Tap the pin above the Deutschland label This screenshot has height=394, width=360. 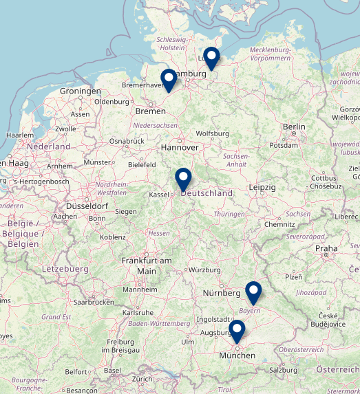[x=183, y=179]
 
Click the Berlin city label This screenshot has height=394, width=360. [x=294, y=127]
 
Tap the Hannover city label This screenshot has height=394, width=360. [x=179, y=148]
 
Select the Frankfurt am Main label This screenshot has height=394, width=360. [x=147, y=265]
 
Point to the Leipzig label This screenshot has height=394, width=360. [x=262, y=187]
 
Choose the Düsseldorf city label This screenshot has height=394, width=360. [x=87, y=206]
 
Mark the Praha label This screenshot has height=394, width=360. [x=326, y=248]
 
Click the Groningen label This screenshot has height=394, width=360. [x=81, y=91]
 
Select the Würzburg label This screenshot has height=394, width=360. [x=204, y=270]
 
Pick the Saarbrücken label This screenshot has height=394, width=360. [x=94, y=302]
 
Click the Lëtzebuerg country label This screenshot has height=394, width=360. [x=65, y=267]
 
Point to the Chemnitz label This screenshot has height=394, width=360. [x=279, y=224]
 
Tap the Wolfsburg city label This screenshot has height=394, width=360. [x=213, y=133]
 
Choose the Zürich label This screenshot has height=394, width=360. [x=142, y=379]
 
